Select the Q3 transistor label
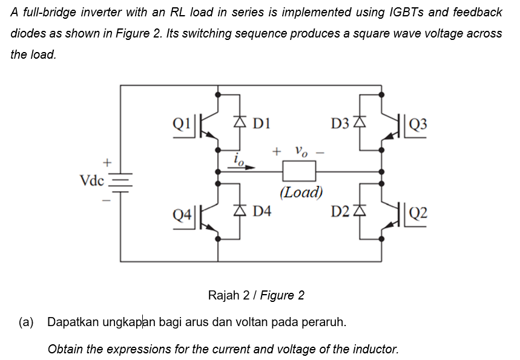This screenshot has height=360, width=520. (418, 125)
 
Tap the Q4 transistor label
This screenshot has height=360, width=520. (182, 214)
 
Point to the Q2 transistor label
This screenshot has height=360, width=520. (418, 212)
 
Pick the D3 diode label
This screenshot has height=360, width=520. (341, 125)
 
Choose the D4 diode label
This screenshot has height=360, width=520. (262, 211)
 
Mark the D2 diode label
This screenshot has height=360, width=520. (341, 211)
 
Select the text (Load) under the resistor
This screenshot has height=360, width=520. (301, 193)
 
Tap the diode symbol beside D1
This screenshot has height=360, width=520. (240, 125)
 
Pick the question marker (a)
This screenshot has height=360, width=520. (26, 321)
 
